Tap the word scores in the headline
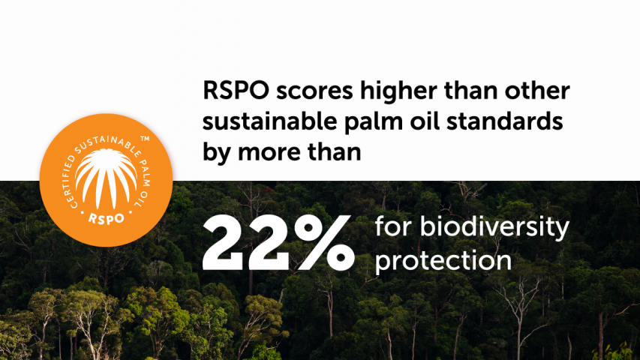coord(314,91)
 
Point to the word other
coord(537,90)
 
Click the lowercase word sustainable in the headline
coord(269,121)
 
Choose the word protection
coord(443,261)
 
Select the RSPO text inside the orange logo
coord(106,219)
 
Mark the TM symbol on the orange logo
coord(145,139)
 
